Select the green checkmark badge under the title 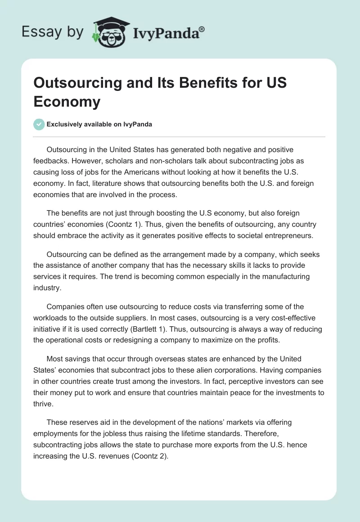click(x=39, y=124)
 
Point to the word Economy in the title click(x=67, y=102)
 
